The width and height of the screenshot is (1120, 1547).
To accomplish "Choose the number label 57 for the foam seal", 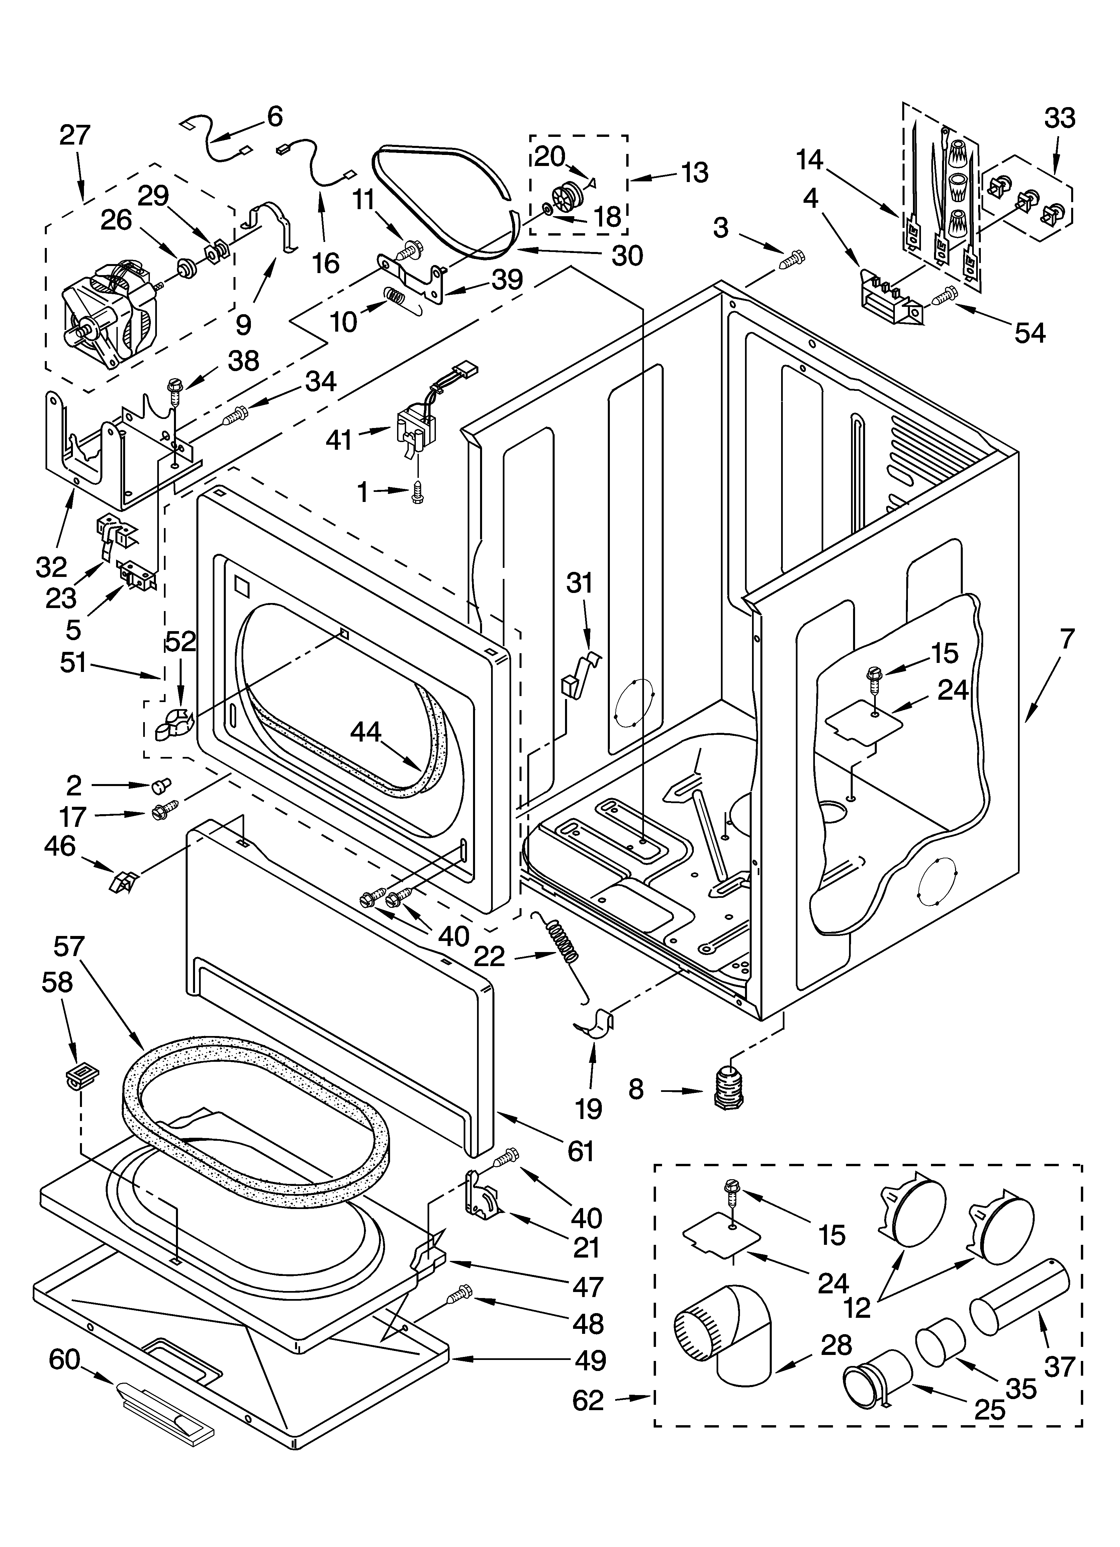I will coord(69,947).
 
